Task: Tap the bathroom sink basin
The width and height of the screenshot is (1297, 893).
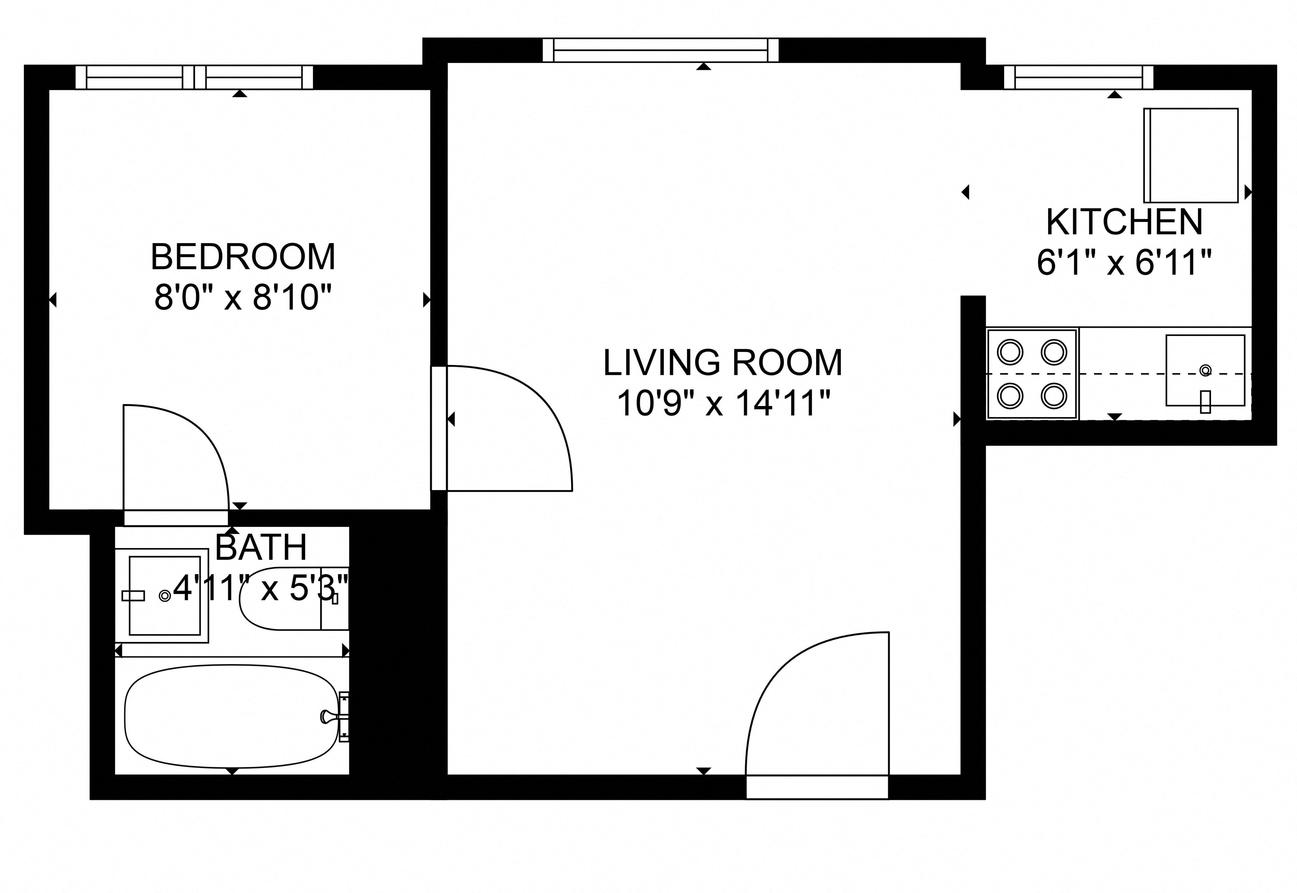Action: point(165,595)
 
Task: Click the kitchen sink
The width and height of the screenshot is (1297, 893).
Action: point(1205,370)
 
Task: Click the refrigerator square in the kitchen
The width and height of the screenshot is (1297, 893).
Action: point(1190,155)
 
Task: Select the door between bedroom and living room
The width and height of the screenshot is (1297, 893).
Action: point(503,428)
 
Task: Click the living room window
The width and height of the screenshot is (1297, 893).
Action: point(660,50)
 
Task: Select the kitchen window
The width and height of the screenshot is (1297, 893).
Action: point(1078,77)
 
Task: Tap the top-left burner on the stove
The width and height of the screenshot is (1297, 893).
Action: point(1010,353)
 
